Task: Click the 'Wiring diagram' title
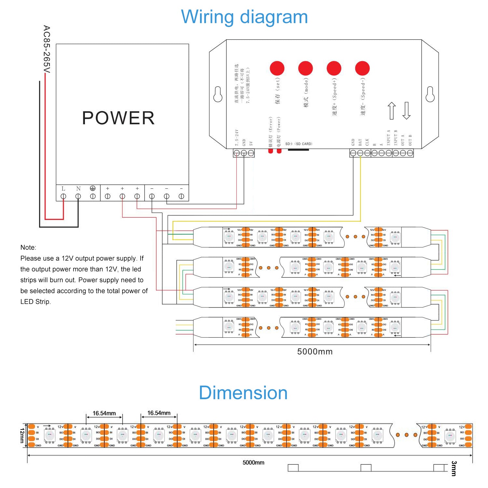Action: tap(244, 17)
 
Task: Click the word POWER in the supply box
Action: tap(118, 118)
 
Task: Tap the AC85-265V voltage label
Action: tap(47, 49)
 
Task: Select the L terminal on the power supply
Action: tap(63, 196)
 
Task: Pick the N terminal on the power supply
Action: tap(78, 196)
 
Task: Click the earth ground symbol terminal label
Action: tap(93, 188)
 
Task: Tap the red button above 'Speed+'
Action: tap(334, 68)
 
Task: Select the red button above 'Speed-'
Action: tap(362, 68)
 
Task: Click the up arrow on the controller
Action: tap(392, 111)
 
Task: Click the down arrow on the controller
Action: tap(406, 111)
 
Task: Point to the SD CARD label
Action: tap(299, 144)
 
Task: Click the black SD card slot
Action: tap(298, 150)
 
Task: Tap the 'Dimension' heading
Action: tap(243, 393)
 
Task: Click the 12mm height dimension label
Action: tap(22, 435)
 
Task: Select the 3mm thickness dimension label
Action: tap(454, 468)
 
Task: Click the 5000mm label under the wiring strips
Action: tap(315, 352)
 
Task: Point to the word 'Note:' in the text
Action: tap(28, 247)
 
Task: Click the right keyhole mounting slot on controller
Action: tap(430, 94)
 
